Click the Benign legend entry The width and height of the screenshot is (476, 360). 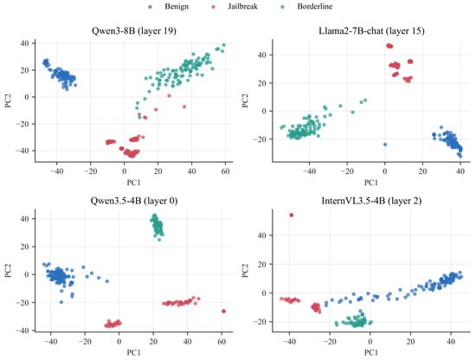coord(169,6)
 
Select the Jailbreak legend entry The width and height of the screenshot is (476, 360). coord(235,6)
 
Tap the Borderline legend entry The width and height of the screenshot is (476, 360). coord(306,6)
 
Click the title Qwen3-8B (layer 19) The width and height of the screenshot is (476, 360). coord(134,30)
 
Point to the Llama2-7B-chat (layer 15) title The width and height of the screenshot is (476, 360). coord(371,30)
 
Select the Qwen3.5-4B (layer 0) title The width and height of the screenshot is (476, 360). coord(134,201)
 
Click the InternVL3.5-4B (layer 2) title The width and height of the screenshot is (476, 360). coord(371,201)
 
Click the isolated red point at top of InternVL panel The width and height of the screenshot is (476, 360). coord(292,215)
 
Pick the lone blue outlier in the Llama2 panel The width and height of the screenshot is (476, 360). coord(385,145)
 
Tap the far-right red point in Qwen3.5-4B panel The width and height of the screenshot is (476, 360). coord(224,312)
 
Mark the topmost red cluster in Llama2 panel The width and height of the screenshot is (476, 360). coord(389,46)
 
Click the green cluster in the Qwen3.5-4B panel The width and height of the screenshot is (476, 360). coord(158,226)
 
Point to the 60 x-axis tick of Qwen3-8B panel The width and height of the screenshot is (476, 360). coord(225,171)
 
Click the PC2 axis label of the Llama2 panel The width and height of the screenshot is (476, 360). coord(245,100)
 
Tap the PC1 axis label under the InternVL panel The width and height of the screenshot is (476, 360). coord(371,352)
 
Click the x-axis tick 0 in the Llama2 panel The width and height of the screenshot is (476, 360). coord(385,171)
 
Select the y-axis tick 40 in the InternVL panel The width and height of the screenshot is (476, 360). coord(263,235)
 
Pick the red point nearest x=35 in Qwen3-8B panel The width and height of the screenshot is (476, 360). coord(184,106)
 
